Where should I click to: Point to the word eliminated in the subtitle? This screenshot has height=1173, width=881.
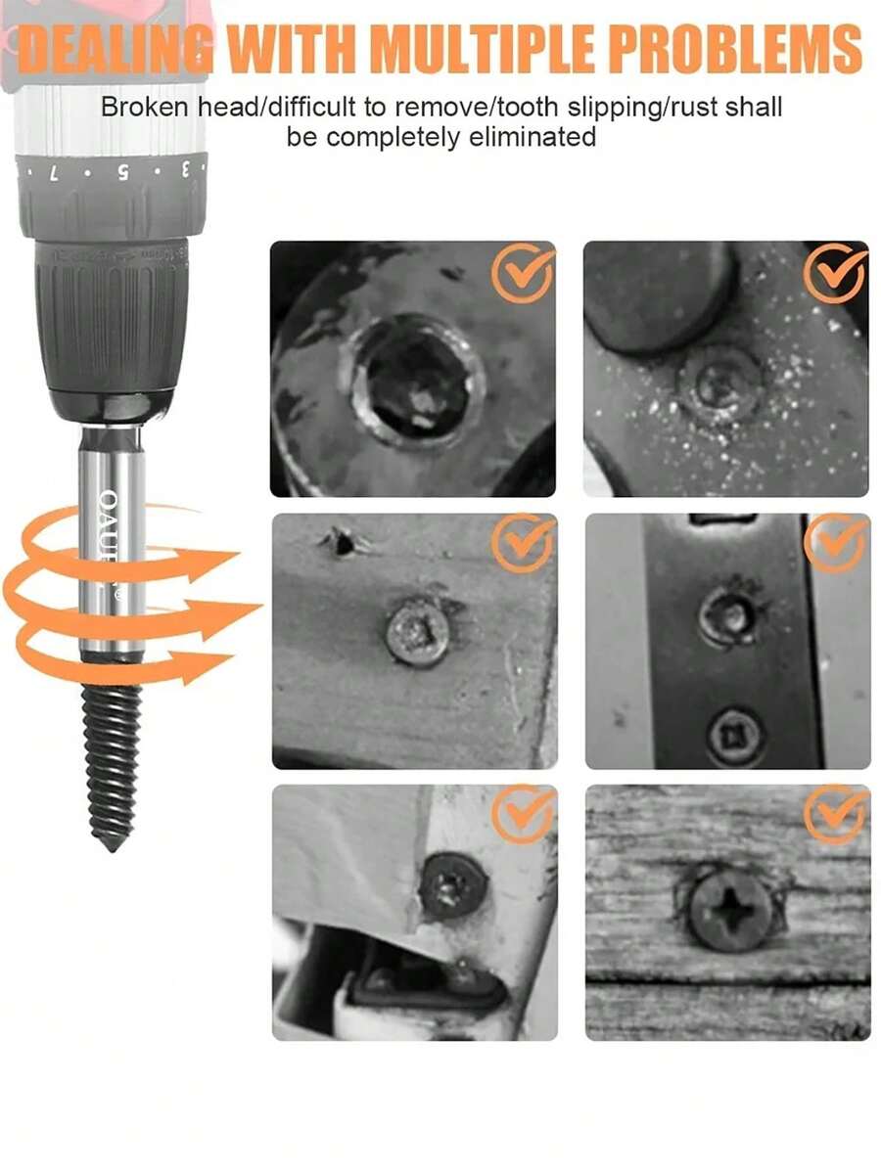click(518, 137)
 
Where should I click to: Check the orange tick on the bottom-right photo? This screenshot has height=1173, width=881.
click(835, 814)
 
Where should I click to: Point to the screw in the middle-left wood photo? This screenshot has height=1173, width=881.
click(415, 634)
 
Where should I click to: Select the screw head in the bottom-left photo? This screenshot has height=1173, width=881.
click(453, 884)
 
